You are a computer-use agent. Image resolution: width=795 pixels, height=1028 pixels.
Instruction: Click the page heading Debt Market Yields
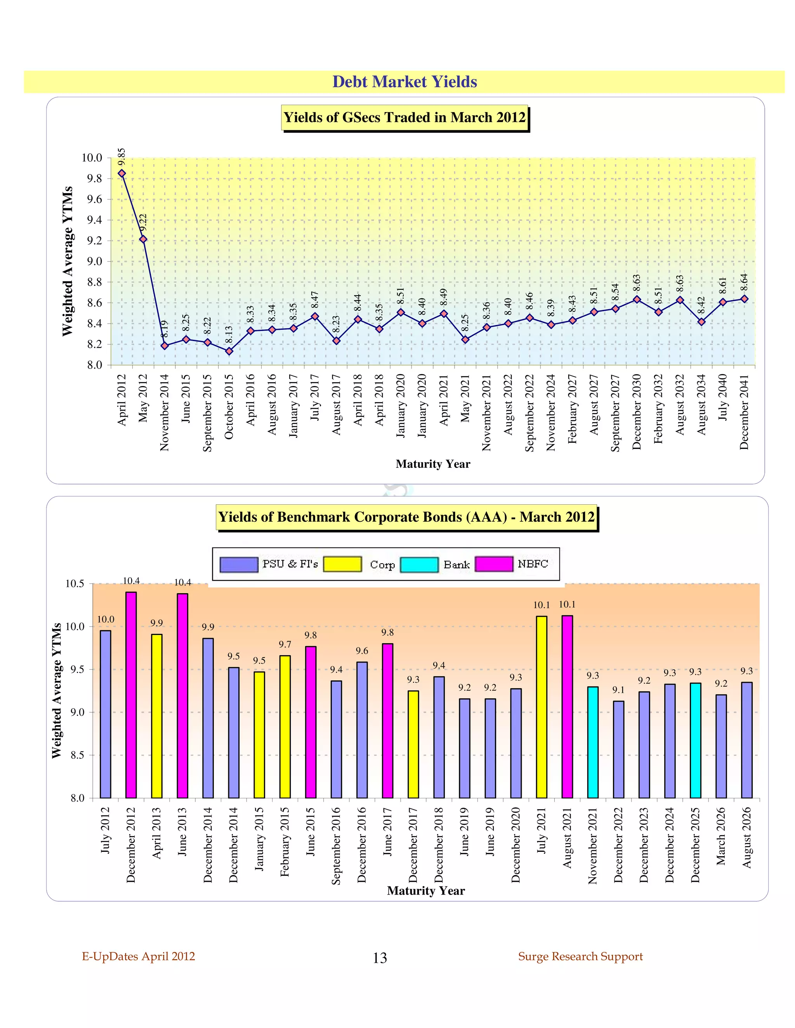[x=404, y=82]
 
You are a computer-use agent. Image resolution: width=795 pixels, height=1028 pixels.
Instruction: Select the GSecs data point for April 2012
[x=122, y=173]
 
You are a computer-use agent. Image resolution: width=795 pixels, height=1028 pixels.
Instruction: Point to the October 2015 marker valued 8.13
[x=229, y=351]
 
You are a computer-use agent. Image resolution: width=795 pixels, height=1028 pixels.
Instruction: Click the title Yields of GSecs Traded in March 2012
[x=404, y=117]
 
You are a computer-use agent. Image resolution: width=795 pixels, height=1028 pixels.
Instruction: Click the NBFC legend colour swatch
[x=494, y=564]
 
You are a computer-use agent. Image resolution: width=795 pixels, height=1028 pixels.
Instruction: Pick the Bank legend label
[x=457, y=564]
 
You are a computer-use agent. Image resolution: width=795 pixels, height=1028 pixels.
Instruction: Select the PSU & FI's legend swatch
[x=239, y=564]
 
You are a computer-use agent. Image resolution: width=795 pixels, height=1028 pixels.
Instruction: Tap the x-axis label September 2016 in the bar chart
[x=336, y=846]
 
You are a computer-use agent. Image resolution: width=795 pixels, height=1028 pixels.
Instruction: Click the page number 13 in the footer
[x=380, y=958]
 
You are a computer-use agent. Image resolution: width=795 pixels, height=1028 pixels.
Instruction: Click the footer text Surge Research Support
[x=580, y=957]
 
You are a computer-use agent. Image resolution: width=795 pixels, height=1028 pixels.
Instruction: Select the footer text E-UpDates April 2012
[x=139, y=957]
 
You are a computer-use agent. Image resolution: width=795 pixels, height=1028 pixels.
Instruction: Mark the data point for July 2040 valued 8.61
[x=723, y=302]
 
